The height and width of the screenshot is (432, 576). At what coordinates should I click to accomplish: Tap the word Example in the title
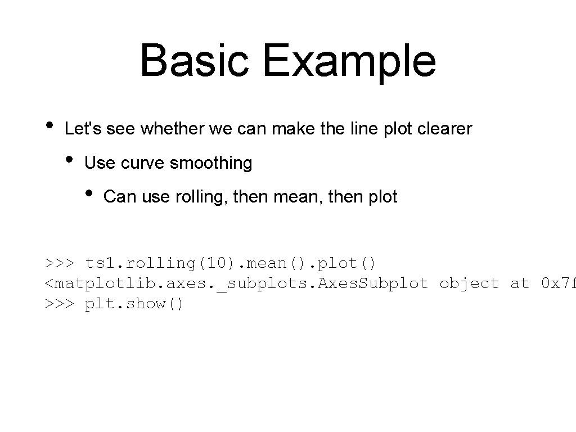pyautogui.click(x=349, y=61)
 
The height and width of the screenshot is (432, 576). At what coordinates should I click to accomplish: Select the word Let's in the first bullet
pyautogui.click(x=83, y=129)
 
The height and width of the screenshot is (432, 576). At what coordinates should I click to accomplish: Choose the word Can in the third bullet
pyautogui.click(x=118, y=197)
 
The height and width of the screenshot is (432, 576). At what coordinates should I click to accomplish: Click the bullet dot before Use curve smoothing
pyautogui.click(x=70, y=159)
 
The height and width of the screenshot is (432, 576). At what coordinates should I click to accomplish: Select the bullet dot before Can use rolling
pyautogui.click(x=89, y=193)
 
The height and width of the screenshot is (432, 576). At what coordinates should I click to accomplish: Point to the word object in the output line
pyautogui.click(x=469, y=283)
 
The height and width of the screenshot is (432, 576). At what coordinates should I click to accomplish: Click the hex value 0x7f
pyautogui.click(x=557, y=283)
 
